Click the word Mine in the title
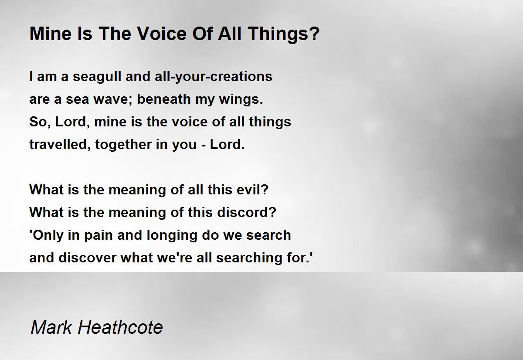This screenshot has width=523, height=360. point(51,34)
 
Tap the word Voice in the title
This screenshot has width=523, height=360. point(162,34)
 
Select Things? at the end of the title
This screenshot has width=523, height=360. point(284,34)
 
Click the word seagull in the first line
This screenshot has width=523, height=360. point(97,77)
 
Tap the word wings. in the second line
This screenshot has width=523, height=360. point(241,100)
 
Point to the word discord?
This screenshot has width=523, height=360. point(247,212)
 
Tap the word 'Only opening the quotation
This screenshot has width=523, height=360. point(47,235)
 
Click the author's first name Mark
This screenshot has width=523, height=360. point(51,327)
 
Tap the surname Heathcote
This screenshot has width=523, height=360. point(120,327)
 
